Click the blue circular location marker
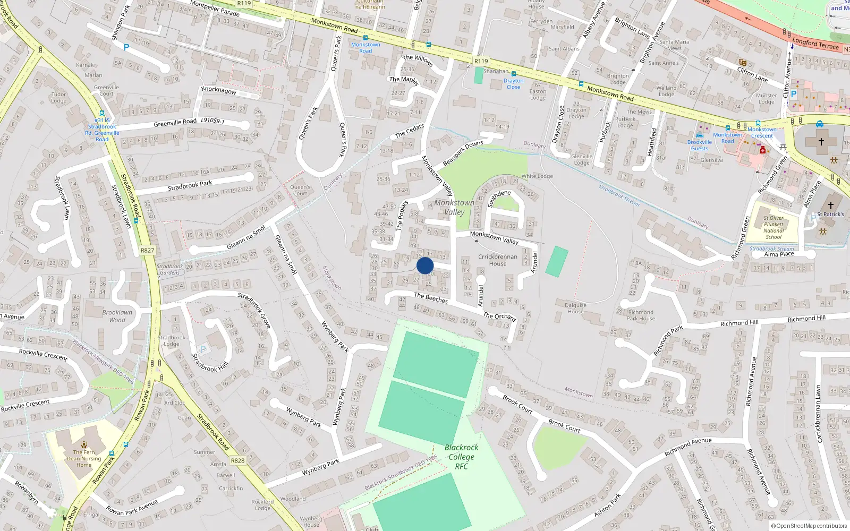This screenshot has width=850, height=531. coord(425,265)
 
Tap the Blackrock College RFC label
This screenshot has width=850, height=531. coord(461,457)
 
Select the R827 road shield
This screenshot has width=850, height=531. coord(147,250)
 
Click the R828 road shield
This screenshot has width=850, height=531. coord(237,460)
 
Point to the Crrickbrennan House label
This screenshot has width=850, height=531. coord(498,260)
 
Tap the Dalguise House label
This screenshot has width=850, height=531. coord(575,308)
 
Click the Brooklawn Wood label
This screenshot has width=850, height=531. coord(117,316)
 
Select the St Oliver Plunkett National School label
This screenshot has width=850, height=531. coord(773,227)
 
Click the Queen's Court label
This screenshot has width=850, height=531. coord(300,190)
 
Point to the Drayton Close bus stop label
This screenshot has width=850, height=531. coord(513,84)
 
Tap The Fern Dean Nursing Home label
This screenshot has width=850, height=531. coord(84,459)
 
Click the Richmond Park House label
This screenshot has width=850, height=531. coord(640,315)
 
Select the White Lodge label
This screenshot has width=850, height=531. coord(537,176)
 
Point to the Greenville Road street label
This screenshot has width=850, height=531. coord(175,123)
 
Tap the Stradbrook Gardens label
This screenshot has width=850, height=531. coord(169,269)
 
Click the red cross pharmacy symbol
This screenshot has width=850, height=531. coord(763,151)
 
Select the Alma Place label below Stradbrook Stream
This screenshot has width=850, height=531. coord(779,254)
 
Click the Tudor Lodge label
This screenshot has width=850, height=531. coord(59,98)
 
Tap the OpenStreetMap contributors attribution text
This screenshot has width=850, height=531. coord(809,526)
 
